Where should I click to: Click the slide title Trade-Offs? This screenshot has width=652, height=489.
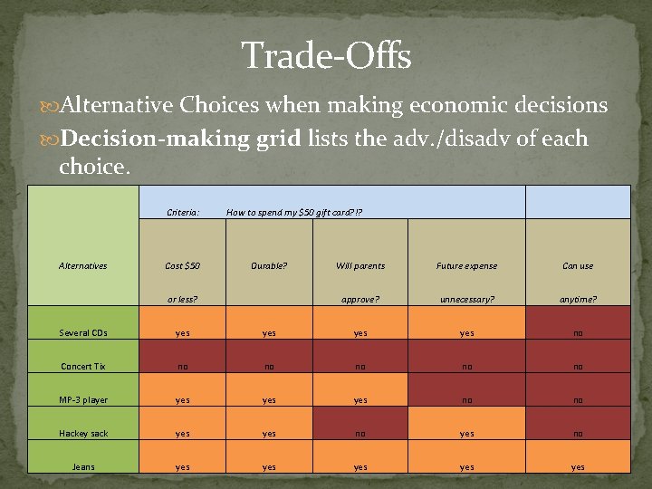click(x=326, y=56)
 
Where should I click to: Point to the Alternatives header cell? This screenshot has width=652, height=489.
click(x=82, y=266)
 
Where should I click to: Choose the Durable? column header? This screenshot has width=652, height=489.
click(x=269, y=266)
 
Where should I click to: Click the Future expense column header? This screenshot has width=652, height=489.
click(x=466, y=266)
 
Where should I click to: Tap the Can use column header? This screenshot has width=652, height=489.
click(x=578, y=266)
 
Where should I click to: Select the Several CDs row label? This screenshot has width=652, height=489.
click(x=83, y=333)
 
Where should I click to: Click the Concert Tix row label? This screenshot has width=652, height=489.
click(x=83, y=367)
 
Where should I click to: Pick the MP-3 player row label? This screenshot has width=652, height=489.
click(x=83, y=400)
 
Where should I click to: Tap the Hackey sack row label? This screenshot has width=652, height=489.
click(x=83, y=434)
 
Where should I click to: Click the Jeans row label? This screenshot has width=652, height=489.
click(x=83, y=467)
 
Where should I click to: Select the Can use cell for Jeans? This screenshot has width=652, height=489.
click(x=578, y=467)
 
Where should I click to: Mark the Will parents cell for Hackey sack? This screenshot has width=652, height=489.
click(x=360, y=434)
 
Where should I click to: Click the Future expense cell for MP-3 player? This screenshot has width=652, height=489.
click(x=466, y=400)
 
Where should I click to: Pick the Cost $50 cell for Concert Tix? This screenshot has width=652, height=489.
click(x=182, y=367)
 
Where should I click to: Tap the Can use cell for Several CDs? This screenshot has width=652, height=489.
click(x=578, y=333)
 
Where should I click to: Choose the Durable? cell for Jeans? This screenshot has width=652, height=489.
click(x=269, y=467)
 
